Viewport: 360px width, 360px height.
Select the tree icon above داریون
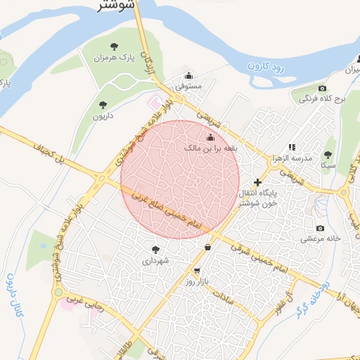[103, 105]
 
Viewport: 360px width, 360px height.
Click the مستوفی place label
[188, 85]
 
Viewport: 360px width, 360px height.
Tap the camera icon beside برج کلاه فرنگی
[322, 89]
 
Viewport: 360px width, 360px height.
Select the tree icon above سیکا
[327, 155]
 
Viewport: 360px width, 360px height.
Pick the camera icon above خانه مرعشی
[321, 228]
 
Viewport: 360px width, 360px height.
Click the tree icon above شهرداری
[155, 249]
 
